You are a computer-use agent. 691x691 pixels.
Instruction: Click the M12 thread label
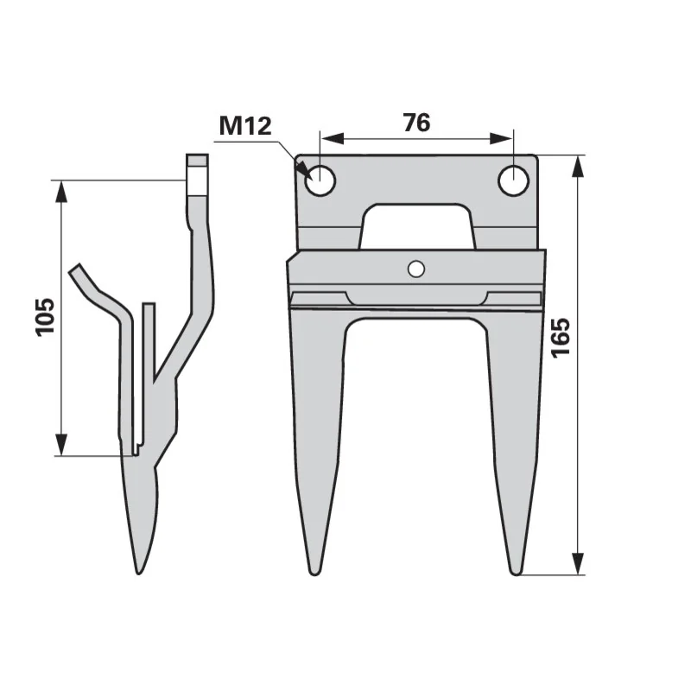coord(245,125)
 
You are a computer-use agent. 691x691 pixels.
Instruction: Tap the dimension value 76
coord(416,123)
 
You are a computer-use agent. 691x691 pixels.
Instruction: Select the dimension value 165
coord(561,338)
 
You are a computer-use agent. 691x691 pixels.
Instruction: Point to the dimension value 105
coord(45,317)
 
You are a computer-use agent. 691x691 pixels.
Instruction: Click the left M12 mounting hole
coord(320,181)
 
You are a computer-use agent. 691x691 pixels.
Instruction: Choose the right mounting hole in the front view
coord(513,181)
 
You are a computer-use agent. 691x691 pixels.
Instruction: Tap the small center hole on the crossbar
coord(416,269)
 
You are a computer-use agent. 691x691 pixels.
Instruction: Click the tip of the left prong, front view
coord(314,574)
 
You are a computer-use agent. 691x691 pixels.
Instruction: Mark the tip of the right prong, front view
coord(515,574)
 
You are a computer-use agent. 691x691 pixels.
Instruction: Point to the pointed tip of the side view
coord(139,573)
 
